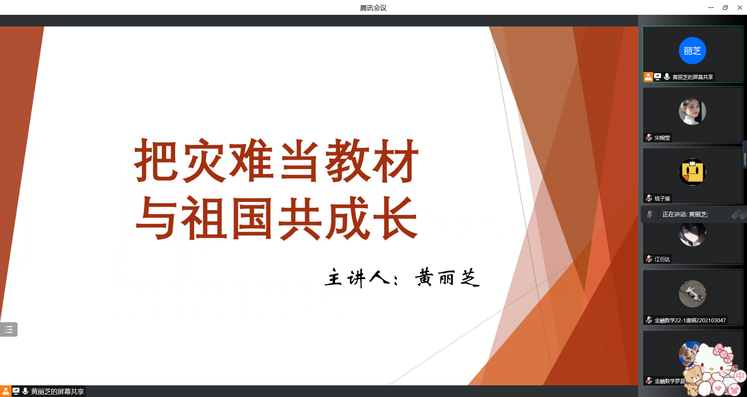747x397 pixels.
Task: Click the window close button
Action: [740, 8]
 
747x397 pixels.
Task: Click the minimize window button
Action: [711, 8]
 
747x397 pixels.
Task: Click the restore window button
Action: [725, 8]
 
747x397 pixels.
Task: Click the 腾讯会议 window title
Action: [373, 8]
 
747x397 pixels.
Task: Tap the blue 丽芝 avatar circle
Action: [692, 51]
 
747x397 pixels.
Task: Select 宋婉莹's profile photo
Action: [692, 111]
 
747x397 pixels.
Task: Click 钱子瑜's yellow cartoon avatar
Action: [692, 172]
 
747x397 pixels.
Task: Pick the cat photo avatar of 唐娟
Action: [692, 294]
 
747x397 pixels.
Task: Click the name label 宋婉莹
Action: [662, 138]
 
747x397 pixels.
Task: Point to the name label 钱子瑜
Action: [662, 198]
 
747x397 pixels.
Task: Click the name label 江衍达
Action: [662, 259]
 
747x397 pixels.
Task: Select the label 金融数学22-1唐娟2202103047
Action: [690, 320]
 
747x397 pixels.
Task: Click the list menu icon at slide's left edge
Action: [9, 330]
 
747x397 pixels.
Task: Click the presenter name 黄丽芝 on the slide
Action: [447, 278]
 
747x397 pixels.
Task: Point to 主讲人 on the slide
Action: [357, 278]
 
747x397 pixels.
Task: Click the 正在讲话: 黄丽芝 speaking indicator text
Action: [685, 214]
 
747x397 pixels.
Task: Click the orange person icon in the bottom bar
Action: [5, 391]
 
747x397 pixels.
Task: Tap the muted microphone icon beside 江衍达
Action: [649, 259]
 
